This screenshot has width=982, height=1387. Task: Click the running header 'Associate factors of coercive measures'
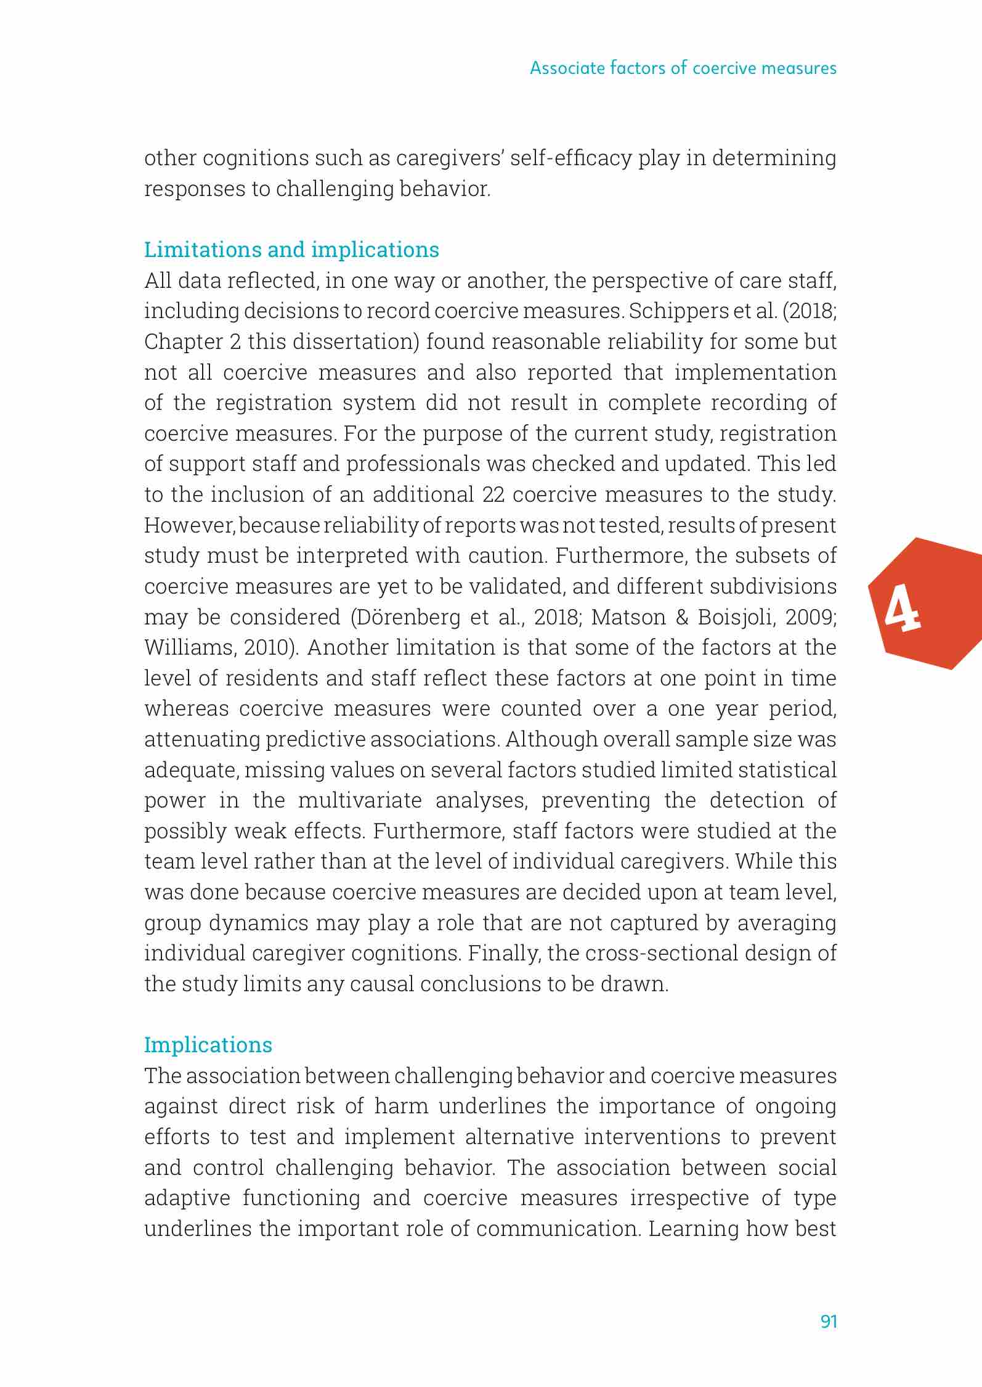[x=683, y=68]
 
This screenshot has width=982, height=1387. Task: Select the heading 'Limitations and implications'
[x=291, y=250]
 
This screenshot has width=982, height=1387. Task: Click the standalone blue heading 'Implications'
[x=208, y=1045]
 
